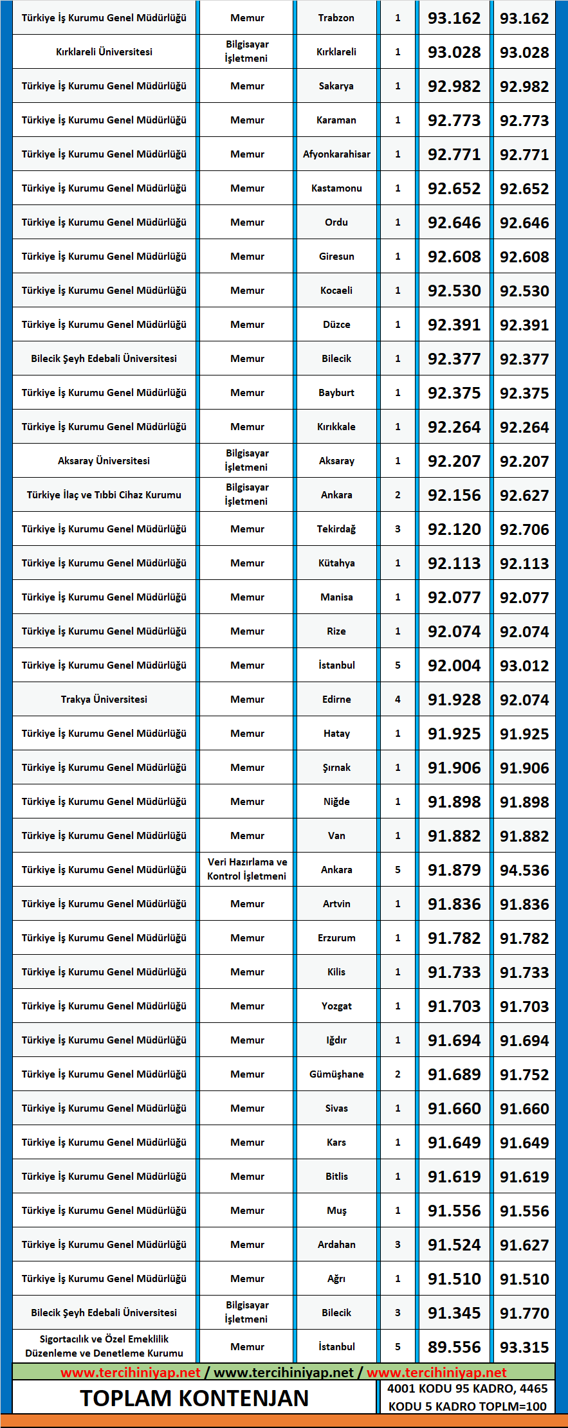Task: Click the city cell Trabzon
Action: point(336,18)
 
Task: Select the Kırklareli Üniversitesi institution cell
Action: point(104,52)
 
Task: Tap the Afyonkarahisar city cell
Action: point(336,154)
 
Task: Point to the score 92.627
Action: point(524,495)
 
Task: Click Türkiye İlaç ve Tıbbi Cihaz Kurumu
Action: point(104,495)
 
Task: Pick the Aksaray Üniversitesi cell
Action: point(104,461)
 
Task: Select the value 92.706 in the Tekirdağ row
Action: point(524,529)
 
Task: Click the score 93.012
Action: point(524,665)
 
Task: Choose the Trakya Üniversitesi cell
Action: point(104,700)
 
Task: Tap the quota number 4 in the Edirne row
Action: point(398,700)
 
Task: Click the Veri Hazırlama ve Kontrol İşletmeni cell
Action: point(247,869)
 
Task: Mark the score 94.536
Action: point(524,870)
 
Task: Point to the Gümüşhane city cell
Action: point(336,1074)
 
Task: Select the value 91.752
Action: point(524,1074)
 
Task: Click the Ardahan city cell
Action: point(336,1245)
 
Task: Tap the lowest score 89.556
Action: point(454,1347)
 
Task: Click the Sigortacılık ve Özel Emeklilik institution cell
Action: point(104,1346)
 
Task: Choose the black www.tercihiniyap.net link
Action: point(284,1373)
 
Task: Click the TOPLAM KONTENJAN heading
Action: point(194,1398)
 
